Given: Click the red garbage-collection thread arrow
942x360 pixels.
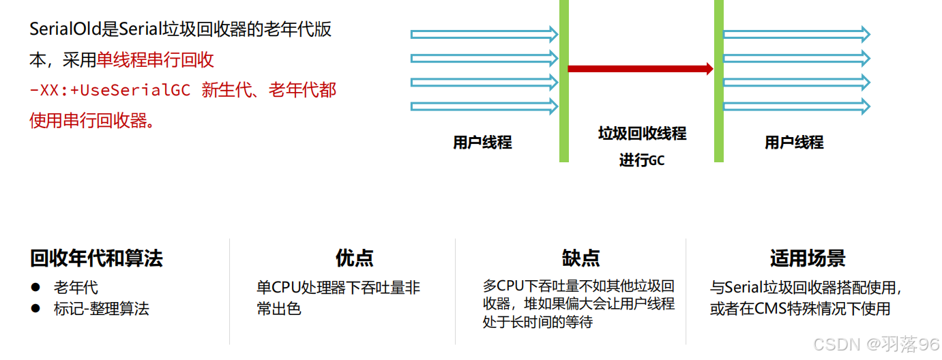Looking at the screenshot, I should (x=640, y=69).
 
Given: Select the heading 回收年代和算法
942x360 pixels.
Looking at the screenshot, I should (x=96, y=258).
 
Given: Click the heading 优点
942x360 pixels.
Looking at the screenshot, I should (x=354, y=258).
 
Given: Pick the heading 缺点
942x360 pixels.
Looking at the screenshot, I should (x=580, y=258).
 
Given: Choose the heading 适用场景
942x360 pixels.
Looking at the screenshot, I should (x=807, y=258).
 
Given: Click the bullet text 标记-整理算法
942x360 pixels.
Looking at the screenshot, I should (x=102, y=309).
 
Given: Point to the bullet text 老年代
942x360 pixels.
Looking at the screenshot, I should (x=76, y=288).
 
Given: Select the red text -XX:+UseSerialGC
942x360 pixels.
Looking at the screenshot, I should (x=110, y=91).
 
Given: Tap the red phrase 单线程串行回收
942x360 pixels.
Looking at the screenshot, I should (x=155, y=61).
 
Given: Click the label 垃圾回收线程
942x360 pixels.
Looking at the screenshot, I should (x=642, y=134).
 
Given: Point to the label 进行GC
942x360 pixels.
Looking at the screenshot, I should (x=641, y=161).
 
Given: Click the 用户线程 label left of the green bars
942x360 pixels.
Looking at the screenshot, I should (x=482, y=142).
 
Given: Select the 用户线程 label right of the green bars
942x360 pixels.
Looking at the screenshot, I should (x=794, y=142).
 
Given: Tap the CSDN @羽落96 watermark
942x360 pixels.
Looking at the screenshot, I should (x=876, y=344).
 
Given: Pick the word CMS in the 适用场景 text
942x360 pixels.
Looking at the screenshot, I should (x=771, y=309).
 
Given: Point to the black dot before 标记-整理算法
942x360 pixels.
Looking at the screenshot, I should (x=35, y=309).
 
